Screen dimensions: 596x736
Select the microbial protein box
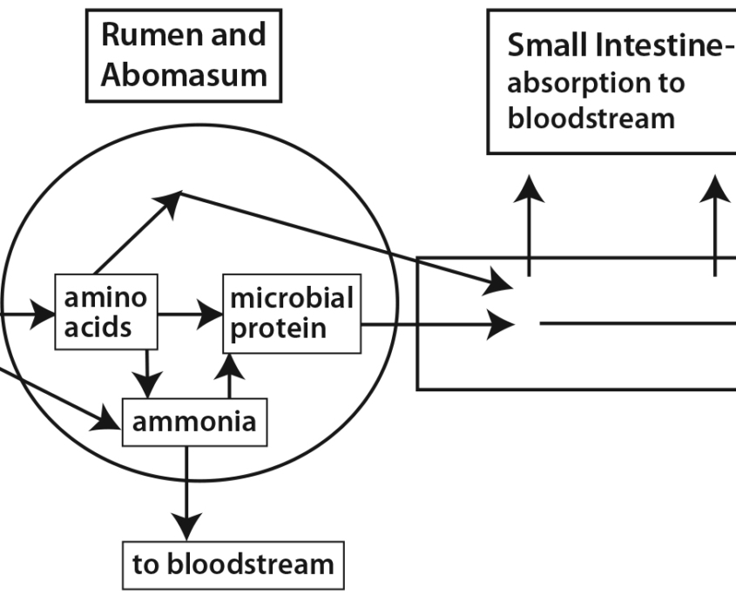tap(291, 314)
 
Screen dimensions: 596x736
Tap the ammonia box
tap(193, 423)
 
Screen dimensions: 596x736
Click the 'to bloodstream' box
tap(233, 563)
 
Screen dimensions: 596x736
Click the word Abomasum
tap(183, 74)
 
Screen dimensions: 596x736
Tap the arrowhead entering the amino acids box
tap(44, 314)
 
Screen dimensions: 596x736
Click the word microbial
tap(291, 299)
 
